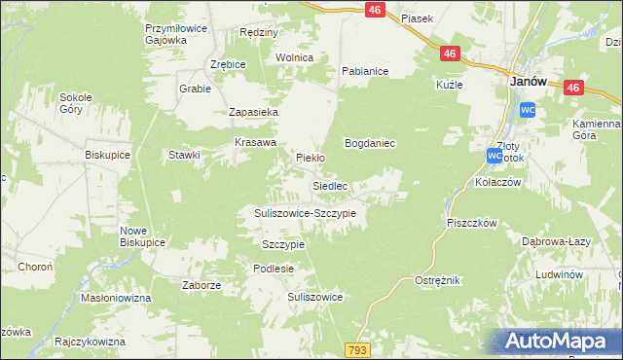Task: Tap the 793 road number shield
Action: coord(357,348)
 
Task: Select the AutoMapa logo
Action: coord(559,342)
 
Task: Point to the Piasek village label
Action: coord(416,18)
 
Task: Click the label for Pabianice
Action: coord(365,71)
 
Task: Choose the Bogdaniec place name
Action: coord(370,143)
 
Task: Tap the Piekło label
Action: coord(310,157)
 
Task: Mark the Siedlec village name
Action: coord(330,185)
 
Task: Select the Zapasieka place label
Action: coord(254,113)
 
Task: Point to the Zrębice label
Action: coord(229,64)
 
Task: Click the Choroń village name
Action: coord(35,266)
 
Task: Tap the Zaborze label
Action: coord(202,285)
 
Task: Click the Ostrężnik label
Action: coord(437,280)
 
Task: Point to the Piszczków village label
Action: coord(472,223)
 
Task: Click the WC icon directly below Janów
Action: coord(527,110)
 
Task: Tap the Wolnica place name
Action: coord(295,57)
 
